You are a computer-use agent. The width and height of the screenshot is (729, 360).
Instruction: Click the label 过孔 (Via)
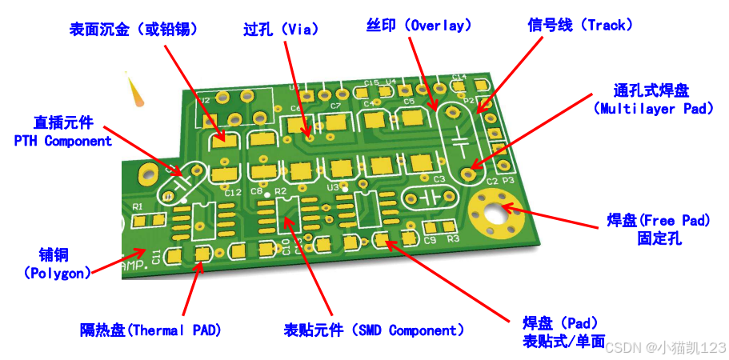tap(281, 30)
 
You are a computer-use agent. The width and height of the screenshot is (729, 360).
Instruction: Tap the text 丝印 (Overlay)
tap(419, 26)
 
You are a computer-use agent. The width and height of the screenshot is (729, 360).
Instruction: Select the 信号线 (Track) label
tap(580, 26)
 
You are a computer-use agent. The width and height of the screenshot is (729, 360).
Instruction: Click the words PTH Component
tap(63, 141)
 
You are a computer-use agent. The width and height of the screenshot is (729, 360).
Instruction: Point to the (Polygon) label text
tap(57, 272)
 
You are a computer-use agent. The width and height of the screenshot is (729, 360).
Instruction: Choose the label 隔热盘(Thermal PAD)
tap(150, 330)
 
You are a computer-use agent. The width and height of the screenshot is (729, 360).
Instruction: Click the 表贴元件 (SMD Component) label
tap(375, 330)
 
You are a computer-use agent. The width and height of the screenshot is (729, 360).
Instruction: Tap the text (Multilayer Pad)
tap(654, 108)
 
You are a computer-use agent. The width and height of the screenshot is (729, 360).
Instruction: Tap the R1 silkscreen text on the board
tap(136, 206)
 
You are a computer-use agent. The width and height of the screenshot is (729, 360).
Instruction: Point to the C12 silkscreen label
tap(233, 193)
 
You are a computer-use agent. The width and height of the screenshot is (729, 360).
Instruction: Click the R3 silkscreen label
tap(453, 239)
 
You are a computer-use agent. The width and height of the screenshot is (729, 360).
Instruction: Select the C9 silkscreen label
tap(430, 240)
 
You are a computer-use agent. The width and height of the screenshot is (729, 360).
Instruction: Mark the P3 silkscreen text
tap(507, 182)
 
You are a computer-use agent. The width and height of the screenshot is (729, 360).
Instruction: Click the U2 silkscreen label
tap(205, 101)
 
